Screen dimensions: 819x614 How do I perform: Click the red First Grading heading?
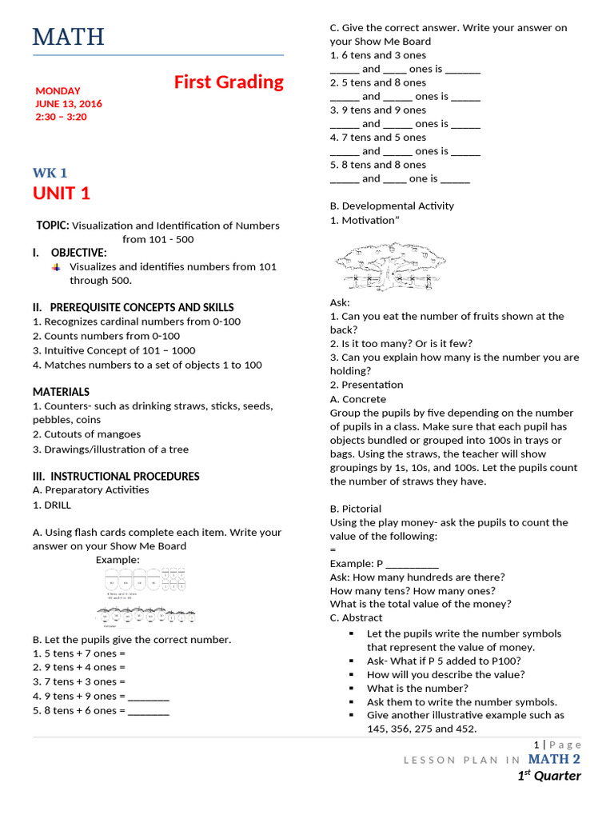[x=229, y=82]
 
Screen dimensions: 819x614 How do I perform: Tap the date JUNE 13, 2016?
[x=69, y=104]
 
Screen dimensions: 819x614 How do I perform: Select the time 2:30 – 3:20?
[x=61, y=117]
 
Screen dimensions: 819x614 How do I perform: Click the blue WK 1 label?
[x=50, y=173]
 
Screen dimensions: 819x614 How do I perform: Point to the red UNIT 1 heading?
[x=62, y=194]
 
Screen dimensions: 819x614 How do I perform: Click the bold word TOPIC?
[x=53, y=226]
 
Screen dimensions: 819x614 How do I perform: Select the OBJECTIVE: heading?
[x=78, y=253]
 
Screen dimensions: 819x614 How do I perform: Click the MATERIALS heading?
[x=61, y=392]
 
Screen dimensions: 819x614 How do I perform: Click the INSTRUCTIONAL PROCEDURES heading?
[x=116, y=476]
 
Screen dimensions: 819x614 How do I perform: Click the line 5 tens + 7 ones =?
[x=79, y=653]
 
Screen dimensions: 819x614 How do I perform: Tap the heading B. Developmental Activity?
[x=392, y=206]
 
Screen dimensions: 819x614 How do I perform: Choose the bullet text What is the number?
[x=417, y=688]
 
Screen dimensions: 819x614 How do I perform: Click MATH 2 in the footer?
[x=554, y=759]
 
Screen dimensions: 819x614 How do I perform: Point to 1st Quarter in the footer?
[x=548, y=776]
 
